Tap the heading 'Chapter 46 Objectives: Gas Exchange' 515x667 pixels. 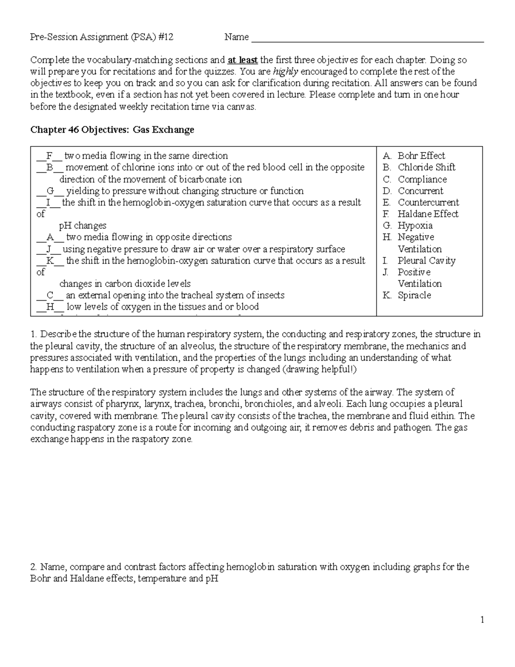click(112, 130)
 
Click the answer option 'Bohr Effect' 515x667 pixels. click(421, 156)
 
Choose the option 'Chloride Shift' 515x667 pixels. click(426, 168)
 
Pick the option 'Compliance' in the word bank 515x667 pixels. click(422, 180)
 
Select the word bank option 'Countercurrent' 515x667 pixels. click(428, 203)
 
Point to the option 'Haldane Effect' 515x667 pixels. click(427, 214)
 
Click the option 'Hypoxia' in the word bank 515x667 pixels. click(415, 226)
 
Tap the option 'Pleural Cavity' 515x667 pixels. click(426, 261)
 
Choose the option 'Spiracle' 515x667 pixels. click(414, 295)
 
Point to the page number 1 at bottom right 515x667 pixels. click(482, 619)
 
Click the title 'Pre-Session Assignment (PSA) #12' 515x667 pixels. click(102, 37)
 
